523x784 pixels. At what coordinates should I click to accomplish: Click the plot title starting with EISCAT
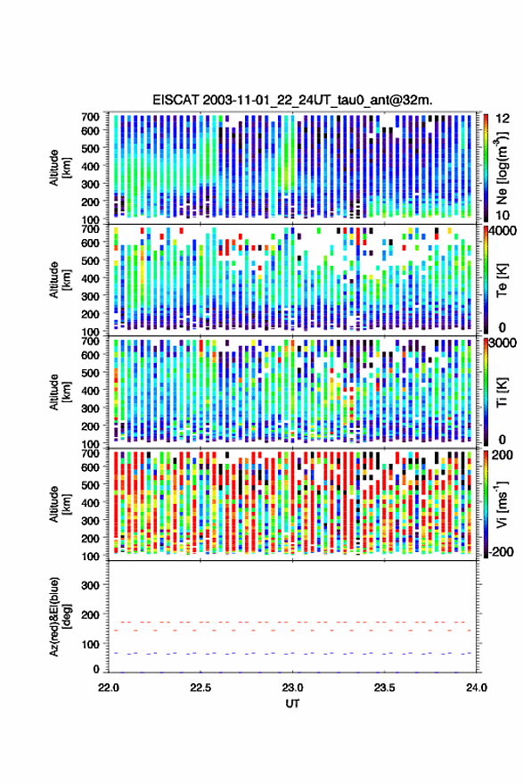292,100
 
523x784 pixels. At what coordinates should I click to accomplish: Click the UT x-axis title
292,704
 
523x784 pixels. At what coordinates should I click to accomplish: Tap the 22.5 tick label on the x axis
200,688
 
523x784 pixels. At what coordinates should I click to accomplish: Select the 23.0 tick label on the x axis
292,688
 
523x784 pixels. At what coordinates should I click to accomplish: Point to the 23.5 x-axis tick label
384,688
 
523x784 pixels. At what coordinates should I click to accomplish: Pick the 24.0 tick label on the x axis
476,688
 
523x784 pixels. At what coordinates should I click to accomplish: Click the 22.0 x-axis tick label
109,688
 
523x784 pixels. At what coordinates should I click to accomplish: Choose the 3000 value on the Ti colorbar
503,343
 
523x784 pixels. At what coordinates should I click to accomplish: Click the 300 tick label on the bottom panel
90,585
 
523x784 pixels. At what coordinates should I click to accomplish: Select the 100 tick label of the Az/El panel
90,644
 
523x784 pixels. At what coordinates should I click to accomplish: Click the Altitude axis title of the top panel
60,168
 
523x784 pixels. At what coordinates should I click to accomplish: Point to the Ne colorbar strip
486,168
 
